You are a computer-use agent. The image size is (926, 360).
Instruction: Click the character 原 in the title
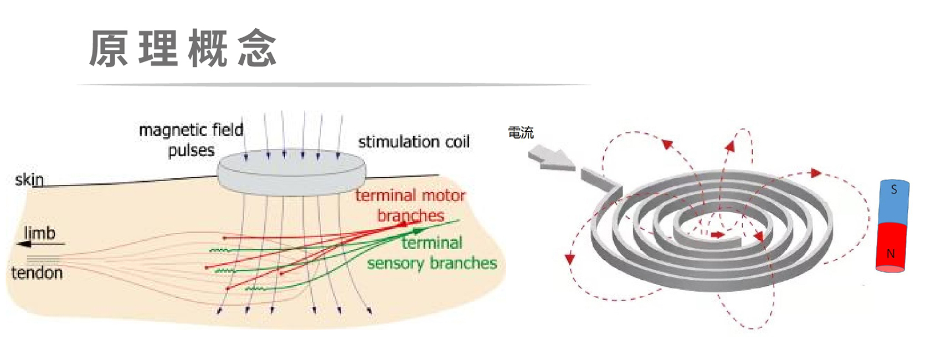click(109, 49)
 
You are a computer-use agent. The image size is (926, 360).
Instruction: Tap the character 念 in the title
click(257, 49)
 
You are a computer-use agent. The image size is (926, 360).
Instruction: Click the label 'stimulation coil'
click(414, 142)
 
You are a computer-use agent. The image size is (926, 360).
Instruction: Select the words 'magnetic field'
click(191, 130)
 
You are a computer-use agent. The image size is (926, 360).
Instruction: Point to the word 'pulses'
click(192, 151)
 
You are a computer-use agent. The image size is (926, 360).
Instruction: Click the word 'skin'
click(29, 179)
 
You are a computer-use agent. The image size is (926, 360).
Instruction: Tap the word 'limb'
click(40, 233)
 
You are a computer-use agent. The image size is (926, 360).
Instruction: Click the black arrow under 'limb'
click(40, 244)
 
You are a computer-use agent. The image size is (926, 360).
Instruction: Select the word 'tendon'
click(37, 273)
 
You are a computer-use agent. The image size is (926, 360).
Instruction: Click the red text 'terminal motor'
click(410, 195)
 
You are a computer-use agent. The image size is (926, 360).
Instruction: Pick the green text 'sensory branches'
click(432, 263)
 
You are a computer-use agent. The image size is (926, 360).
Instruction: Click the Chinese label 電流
click(521, 133)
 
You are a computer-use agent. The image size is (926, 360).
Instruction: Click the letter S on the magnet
click(894, 189)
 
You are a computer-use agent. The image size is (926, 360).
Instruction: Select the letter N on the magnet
click(891, 253)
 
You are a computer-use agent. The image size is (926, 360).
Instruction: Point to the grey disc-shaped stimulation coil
click(292, 172)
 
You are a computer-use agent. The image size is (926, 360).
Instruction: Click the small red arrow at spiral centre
click(718, 235)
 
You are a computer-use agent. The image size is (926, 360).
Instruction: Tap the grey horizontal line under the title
click(334, 85)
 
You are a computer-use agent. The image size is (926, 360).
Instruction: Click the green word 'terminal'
click(431, 243)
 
